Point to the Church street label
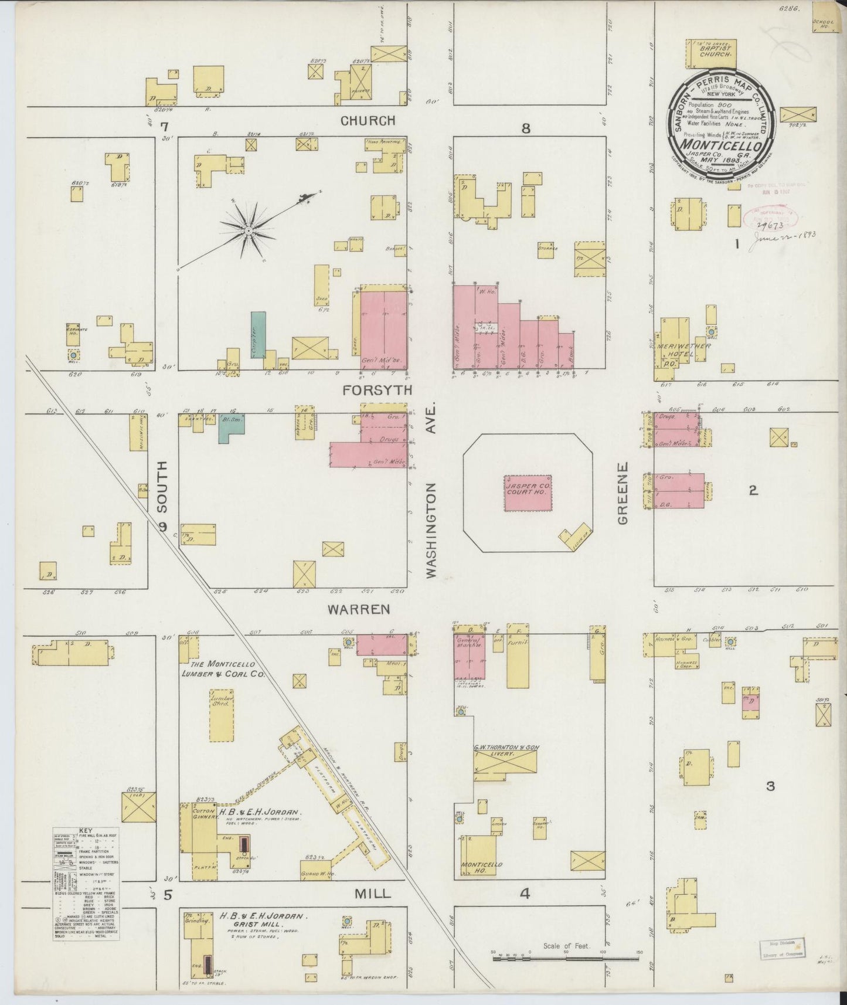point(368,121)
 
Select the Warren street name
point(359,609)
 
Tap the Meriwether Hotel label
point(683,347)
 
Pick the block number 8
point(526,128)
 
